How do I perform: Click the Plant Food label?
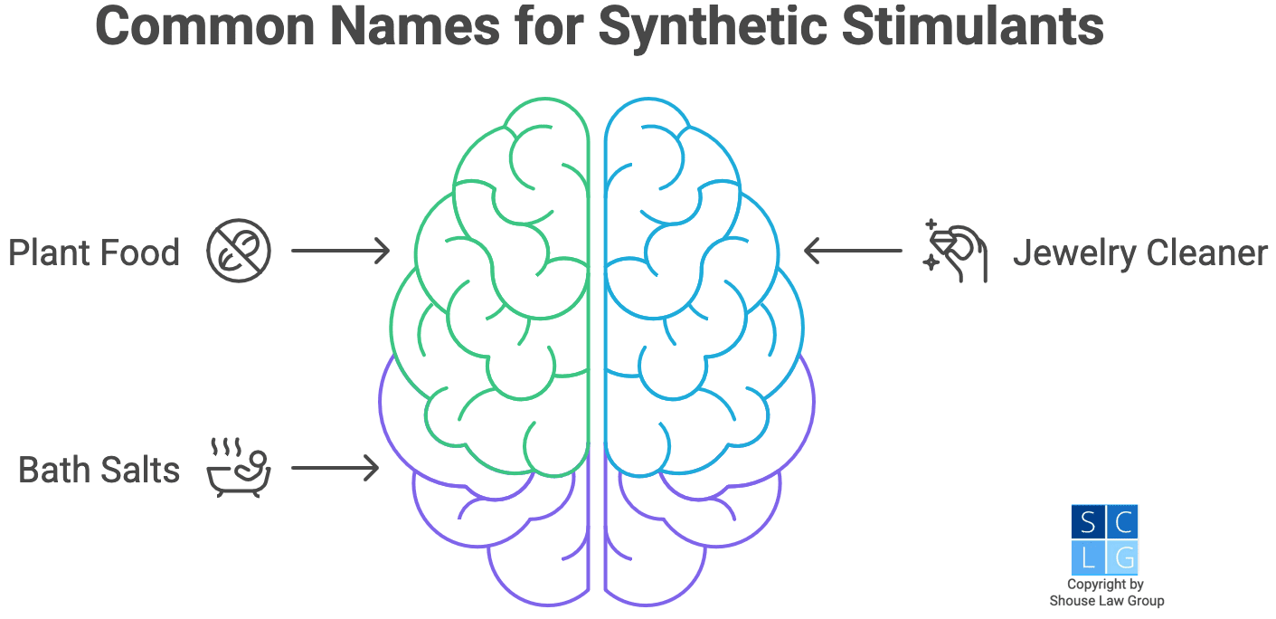(x=94, y=252)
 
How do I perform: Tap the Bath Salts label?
(x=99, y=470)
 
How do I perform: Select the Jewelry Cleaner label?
(x=1139, y=252)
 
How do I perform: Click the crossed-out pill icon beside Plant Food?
(x=239, y=252)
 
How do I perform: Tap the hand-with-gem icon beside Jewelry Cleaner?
(x=955, y=251)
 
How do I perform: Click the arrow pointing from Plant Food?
(x=340, y=251)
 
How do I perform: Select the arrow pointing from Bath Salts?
(x=335, y=468)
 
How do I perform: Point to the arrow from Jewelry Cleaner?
(x=853, y=251)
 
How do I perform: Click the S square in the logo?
(x=1088, y=522)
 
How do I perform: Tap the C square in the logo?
(x=1122, y=522)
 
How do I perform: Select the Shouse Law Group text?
(x=1106, y=601)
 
